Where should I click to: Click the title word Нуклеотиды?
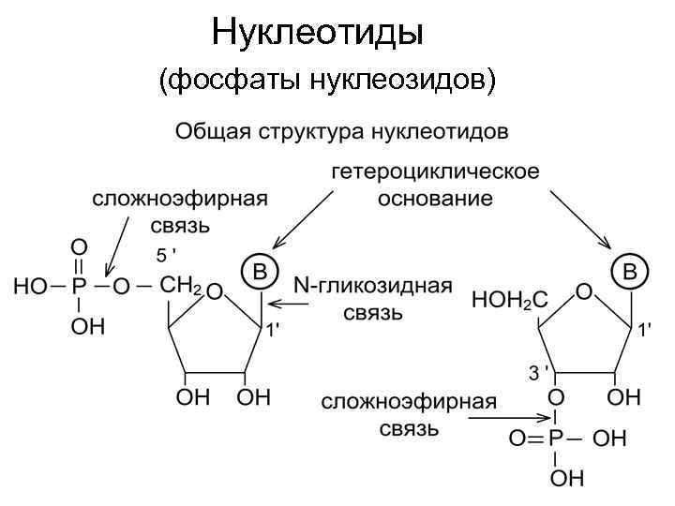click(x=318, y=33)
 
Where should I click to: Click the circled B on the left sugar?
click(x=261, y=270)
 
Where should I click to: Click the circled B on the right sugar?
click(x=629, y=271)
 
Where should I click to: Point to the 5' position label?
click(x=165, y=255)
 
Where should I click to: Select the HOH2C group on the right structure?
click(x=510, y=300)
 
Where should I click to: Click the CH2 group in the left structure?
click(x=181, y=286)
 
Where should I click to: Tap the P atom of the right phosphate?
click(x=556, y=439)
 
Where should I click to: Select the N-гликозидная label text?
click(x=372, y=285)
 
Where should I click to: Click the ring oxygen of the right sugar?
click(x=583, y=292)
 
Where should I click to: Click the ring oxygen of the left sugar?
click(x=214, y=292)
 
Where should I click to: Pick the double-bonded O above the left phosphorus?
click(x=80, y=246)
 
